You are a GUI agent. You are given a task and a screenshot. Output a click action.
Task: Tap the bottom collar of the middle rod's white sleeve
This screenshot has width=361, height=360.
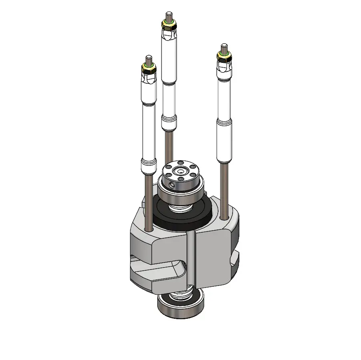pos(168,122)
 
